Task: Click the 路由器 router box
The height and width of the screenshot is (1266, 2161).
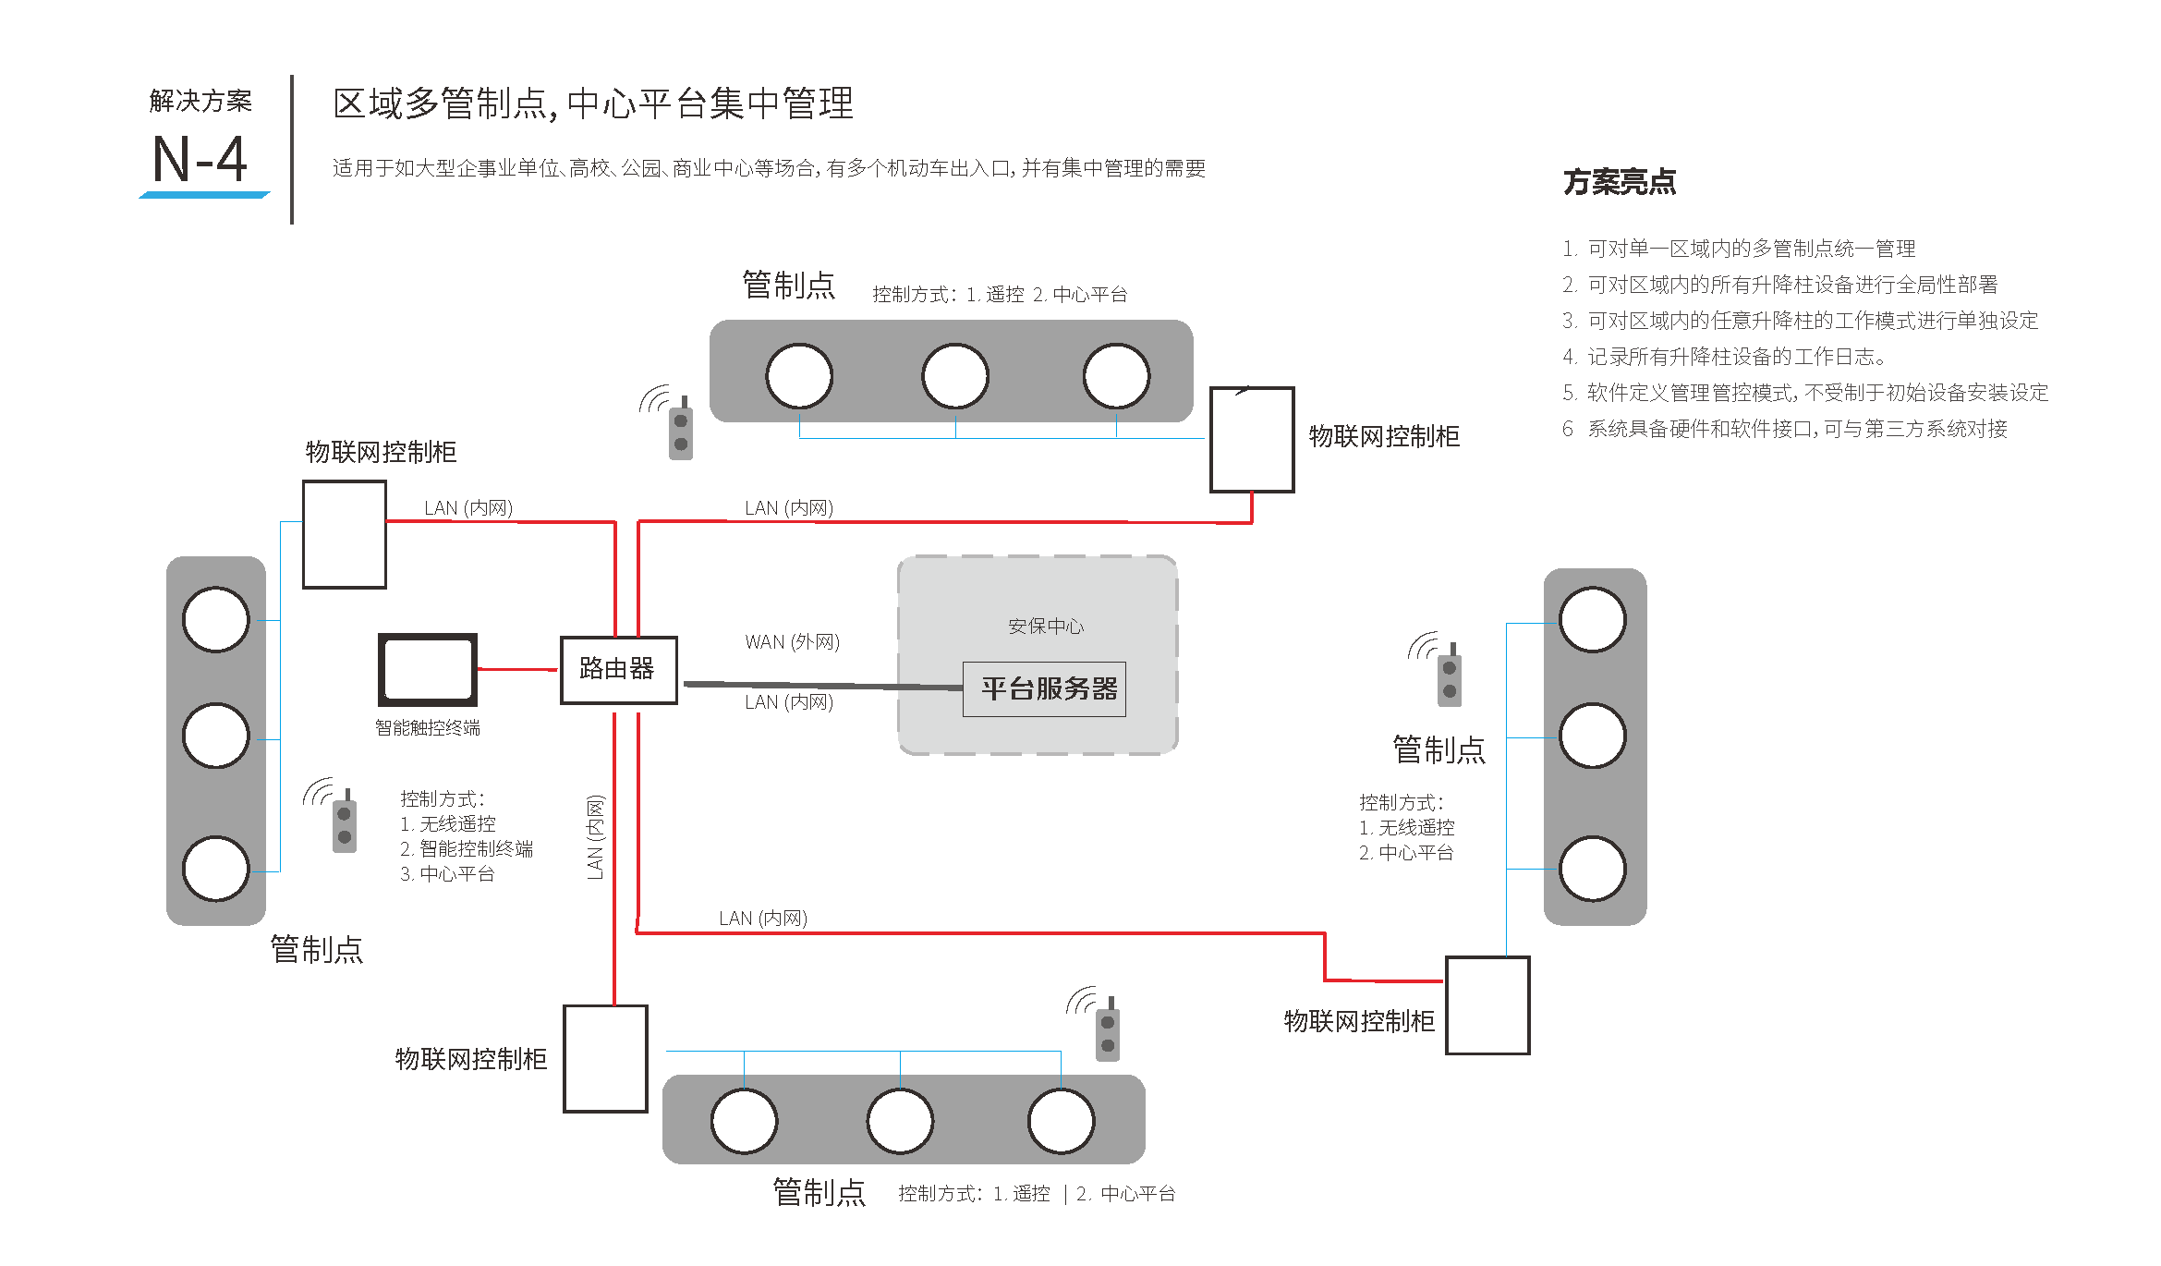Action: point(618,670)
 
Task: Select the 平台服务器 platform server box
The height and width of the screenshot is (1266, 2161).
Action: point(1044,688)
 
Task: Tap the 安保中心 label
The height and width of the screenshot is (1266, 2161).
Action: point(1046,627)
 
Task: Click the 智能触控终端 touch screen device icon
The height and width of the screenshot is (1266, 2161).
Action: point(428,670)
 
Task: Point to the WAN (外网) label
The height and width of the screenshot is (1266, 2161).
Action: point(792,641)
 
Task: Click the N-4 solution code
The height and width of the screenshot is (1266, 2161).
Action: point(200,159)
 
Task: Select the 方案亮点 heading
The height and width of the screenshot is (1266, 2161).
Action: point(1619,182)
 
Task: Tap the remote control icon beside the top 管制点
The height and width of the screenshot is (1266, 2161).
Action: point(680,429)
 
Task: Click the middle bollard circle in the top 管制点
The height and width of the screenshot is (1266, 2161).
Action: point(955,376)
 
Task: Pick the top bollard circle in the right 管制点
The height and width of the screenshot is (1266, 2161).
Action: point(1593,619)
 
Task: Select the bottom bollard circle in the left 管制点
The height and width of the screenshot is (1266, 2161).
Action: point(216,869)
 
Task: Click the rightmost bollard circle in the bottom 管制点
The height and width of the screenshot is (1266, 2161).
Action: point(1062,1121)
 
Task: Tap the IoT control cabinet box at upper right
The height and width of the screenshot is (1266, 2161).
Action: point(1252,440)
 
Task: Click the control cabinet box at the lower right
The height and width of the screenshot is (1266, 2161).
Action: point(1487,1005)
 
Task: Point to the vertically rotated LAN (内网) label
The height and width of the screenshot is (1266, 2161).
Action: point(595,837)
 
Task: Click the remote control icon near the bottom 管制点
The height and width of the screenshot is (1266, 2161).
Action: point(1107,1029)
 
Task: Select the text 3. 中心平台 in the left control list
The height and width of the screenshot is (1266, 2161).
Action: point(448,874)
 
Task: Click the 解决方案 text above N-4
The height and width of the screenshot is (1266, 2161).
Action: point(200,101)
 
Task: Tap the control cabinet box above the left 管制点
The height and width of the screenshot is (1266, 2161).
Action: point(345,534)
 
